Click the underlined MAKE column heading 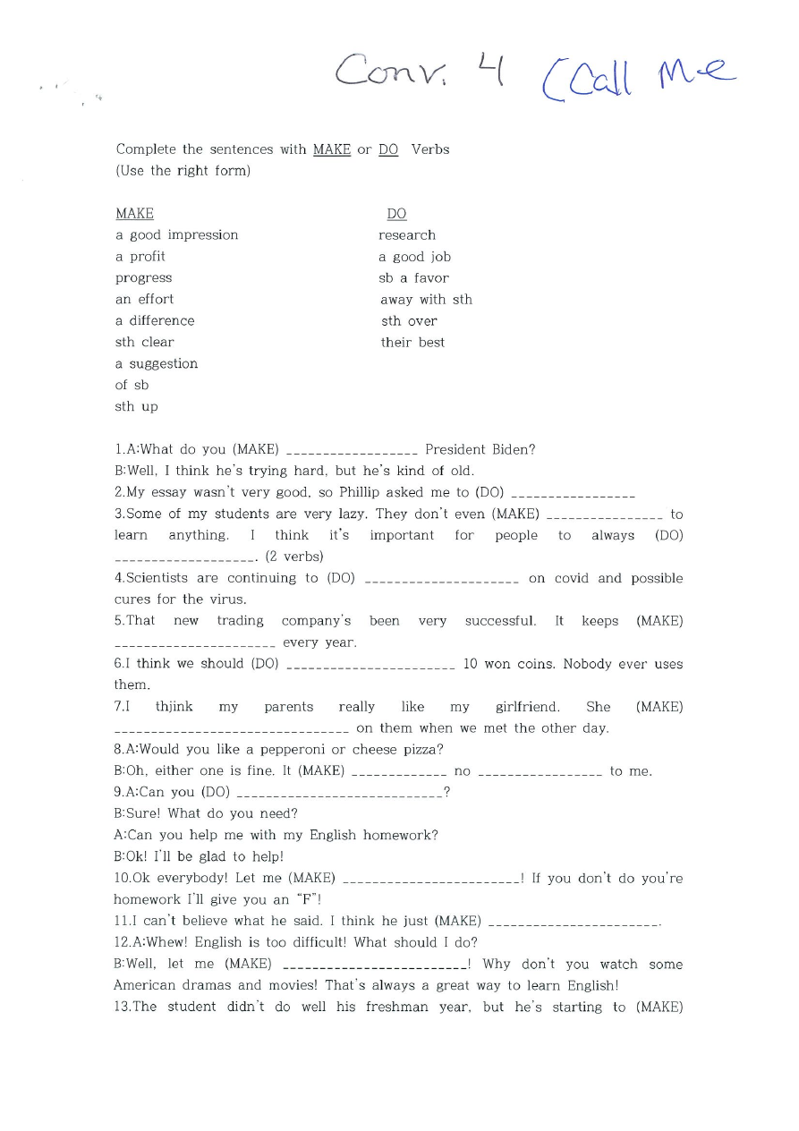tap(134, 214)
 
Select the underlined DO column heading tap(396, 214)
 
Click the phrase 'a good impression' tap(177, 235)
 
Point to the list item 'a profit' tap(140, 257)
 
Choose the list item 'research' tap(407, 235)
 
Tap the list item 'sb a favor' tap(413, 278)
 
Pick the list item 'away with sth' tap(426, 300)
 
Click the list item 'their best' tap(412, 343)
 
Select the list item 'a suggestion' tap(157, 364)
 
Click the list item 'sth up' tap(136, 407)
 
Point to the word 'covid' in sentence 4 tap(571, 579)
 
